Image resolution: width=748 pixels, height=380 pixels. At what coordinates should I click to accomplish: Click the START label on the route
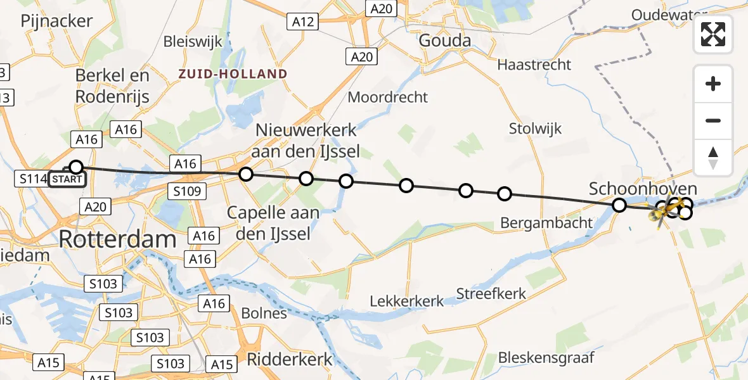(x=67, y=179)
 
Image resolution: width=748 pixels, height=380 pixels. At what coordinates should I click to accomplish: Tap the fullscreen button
(x=713, y=35)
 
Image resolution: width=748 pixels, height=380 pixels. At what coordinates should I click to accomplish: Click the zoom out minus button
(x=713, y=120)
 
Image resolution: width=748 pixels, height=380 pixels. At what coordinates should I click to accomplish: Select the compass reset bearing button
(x=713, y=157)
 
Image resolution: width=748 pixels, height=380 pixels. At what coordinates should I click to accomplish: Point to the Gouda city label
(x=445, y=41)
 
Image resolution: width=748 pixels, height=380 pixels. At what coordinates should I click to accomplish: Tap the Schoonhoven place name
(x=643, y=189)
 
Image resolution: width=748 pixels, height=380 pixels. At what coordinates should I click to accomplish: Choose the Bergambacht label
(x=546, y=222)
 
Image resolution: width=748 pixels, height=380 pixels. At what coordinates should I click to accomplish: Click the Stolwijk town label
(x=536, y=129)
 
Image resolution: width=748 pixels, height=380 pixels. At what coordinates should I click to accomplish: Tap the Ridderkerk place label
(x=289, y=359)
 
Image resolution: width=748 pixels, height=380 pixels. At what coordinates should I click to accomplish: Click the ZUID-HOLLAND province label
(x=232, y=74)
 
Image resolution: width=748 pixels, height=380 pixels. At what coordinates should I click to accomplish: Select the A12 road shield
(x=304, y=22)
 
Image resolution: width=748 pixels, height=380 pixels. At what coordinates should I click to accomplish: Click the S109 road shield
(x=187, y=191)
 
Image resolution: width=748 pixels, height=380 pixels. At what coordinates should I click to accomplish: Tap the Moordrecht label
(x=388, y=98)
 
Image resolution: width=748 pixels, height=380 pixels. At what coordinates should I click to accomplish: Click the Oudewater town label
(x=672, y=15)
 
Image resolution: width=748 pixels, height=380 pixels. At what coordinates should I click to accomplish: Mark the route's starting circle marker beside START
(x=75, y=167)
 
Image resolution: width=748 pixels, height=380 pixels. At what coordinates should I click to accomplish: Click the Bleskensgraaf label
(x=546, y=357)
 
